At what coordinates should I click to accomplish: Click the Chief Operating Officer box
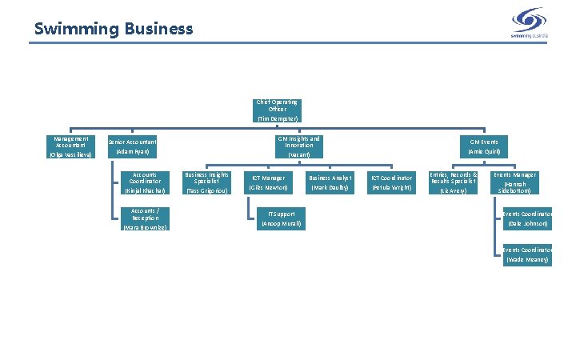(278, 110)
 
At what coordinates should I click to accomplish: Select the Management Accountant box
(71, 146)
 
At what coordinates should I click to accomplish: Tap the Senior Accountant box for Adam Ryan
(133, 146)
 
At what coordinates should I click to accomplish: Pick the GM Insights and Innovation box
(299, 146)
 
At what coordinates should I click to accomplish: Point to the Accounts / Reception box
(145, 219)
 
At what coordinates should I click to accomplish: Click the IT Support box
(280, 219)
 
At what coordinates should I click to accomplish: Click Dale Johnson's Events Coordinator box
(527, 219)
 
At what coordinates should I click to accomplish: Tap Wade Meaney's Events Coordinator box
(527, 255)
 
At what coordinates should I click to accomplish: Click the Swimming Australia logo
(529, 22)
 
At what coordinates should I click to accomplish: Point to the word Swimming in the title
(75, 30)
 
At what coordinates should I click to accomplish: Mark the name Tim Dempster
(278, 118)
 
